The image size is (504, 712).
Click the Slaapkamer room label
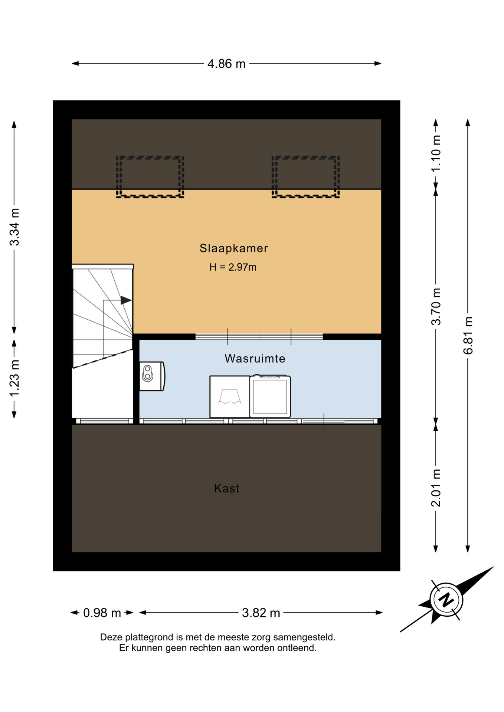[233, 248]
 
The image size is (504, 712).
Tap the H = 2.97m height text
[233, 267]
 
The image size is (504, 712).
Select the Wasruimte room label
[255, 359]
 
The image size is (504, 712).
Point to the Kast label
[227, 488]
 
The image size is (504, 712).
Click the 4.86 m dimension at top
[226, 64]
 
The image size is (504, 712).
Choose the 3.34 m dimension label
[14, 227]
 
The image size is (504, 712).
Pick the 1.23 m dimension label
[14, 378]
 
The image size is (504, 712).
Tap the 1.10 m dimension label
[436, 153]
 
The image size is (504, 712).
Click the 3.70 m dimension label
[436, 307]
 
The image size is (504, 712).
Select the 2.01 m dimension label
[436, 488]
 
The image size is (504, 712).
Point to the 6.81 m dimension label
[468, 336]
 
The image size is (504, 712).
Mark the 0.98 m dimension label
[102, 613]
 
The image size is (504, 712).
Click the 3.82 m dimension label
[261, 613]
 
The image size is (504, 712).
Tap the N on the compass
[446, 599]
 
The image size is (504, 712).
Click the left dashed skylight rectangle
[150, 177]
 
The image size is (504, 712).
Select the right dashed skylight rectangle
[305, 177]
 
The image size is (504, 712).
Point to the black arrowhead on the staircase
[126, 300]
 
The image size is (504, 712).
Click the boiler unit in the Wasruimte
[152, 376]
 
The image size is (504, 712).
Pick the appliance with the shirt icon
[230, 397]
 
